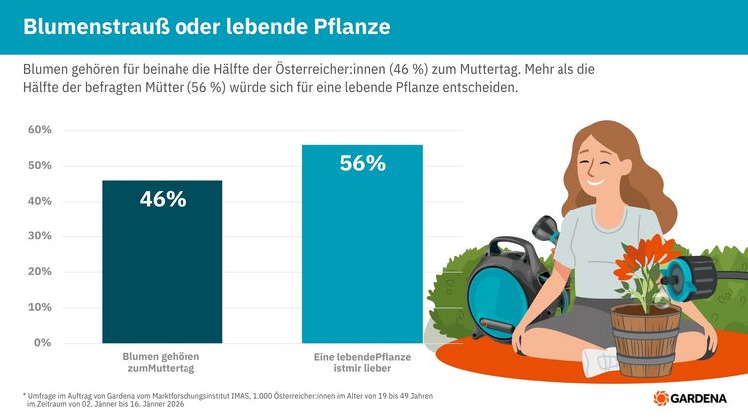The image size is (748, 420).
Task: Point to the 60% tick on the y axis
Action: [x=39, y=130]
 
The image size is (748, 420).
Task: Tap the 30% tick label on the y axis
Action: [x=39, y=236]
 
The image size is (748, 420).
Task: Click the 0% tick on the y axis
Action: [x=42, y=342]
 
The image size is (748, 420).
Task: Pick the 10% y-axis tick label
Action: [x=39, y=307]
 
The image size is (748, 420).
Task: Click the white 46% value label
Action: [x=163, y=199]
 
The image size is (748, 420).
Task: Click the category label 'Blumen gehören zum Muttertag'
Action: [x=162, y=361]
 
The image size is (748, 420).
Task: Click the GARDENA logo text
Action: [x=705, y=399]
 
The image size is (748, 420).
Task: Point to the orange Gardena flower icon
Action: [x=661, y=399]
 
